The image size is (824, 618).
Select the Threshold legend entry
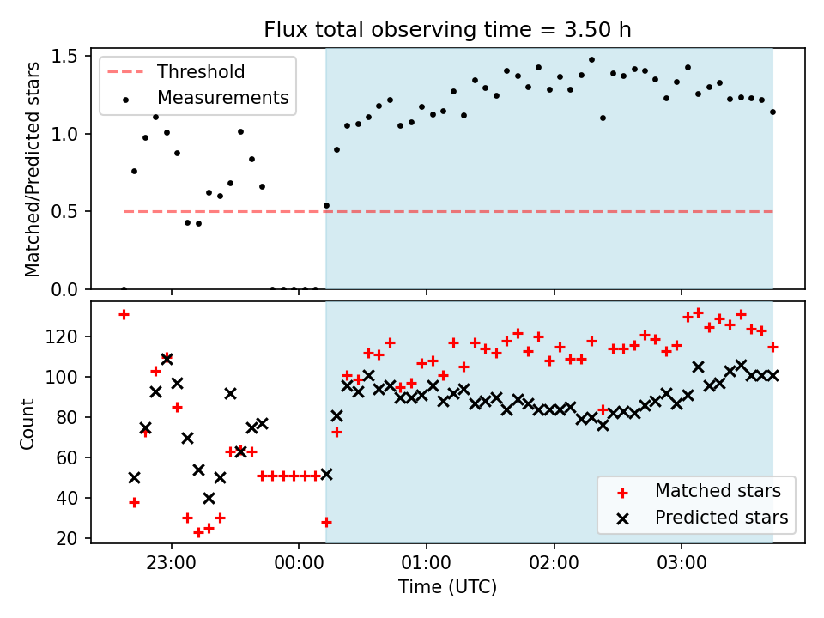[x=176, y=71]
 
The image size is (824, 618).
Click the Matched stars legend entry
[x=699, y=491]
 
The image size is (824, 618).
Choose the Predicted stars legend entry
[x=702, y=518]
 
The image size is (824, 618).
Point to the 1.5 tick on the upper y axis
[x=64, y=57]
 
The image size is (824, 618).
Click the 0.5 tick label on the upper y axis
[x=64, y=212]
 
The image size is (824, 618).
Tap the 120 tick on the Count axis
[x=62, y=336]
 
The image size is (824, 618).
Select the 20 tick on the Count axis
[x=67, y=538]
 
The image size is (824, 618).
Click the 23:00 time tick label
[x=172, y=563]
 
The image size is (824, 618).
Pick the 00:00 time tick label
[x=299, y=563]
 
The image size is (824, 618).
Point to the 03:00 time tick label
[x=682, y=563]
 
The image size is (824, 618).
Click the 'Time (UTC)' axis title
[x=447, y=587]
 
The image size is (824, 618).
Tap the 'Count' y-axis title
[x=27, y=424]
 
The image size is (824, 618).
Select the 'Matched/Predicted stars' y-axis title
[x=32, y=169]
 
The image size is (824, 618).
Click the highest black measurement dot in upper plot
[x=591, y=60]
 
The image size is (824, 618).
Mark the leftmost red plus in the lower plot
[x=124, y=315]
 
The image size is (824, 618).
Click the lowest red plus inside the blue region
[x=326, y=523]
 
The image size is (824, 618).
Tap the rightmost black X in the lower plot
[x=772, y=375]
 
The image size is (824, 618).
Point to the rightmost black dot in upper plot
[x=772, y=112]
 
